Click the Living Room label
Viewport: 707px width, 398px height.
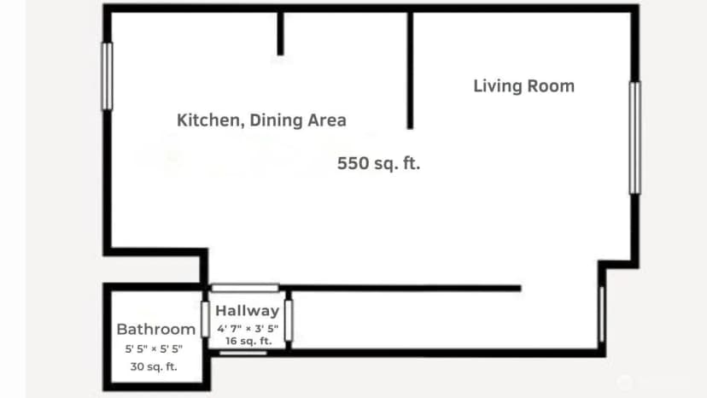click(524, 85)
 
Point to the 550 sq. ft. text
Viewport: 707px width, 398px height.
click(379, 163)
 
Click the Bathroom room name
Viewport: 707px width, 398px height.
click(156, 329)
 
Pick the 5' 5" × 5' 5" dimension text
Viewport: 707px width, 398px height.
click(154, 348)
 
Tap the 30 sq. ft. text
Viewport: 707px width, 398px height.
click(154, 366)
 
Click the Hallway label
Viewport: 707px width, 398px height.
click(247, 311)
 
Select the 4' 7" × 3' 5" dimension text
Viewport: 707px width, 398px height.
click(248, 329)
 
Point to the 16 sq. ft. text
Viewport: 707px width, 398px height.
click(248, 341)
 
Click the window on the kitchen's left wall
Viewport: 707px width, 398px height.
click(108, 76)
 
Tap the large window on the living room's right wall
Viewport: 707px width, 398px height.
click(635, 138)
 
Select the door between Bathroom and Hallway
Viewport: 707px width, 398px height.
click(205, 319)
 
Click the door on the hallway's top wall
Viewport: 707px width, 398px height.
click(245, 288)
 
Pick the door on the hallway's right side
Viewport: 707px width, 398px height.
click(289, 321)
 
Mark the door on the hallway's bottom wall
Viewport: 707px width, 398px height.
click(243, 353)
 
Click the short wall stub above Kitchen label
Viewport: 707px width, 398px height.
click(280, 33)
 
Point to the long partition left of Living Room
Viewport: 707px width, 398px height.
click(410, 70)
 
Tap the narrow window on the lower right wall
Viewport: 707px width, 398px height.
click(601, 314)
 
